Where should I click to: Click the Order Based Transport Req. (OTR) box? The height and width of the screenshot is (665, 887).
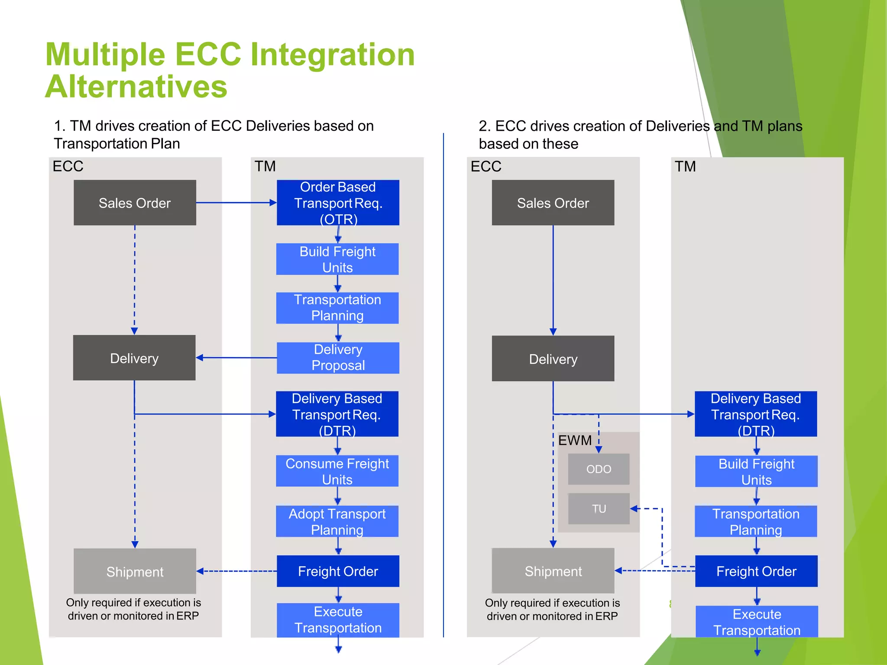(x=338, y=203)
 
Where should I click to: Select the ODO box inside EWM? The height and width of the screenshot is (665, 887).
(x=599, y=469)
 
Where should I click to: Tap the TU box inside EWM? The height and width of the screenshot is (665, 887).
(x=599, y=509)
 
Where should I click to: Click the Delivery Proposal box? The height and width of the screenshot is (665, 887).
(x=338, y=358)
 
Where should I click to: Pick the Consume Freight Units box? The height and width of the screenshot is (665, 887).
(x=337, y=471)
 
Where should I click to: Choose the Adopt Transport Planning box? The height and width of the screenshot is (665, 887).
(x=337, y=521)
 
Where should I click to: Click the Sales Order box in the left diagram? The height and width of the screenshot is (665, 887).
(x=135, y=203)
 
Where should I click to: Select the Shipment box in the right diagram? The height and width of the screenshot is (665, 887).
(x=553, y=571)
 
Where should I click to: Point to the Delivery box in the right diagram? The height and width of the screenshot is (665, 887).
(x=553, y=358)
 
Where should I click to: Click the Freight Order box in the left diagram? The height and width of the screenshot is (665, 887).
(x=338, y=571)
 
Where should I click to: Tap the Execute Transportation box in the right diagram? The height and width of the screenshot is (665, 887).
(x=757, y=622)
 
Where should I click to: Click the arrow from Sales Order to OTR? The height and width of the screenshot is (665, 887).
(x=236, y=203)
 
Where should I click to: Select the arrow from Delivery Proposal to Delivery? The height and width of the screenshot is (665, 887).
(x=236, y=358)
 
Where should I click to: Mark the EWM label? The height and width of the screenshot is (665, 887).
(x=575, y=440)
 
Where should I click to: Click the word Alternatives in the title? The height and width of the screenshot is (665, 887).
(x=136, y=87)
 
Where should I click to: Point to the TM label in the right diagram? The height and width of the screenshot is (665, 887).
(x=685, y=166)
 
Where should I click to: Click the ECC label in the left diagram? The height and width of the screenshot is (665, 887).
(x=68, y=166)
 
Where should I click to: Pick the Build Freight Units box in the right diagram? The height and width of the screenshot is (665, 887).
(x=756, y=471)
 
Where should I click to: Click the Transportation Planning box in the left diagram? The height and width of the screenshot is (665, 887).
(x=337, y=308)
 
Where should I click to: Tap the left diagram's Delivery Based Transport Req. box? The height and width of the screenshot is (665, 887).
(x=337, y=414)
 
